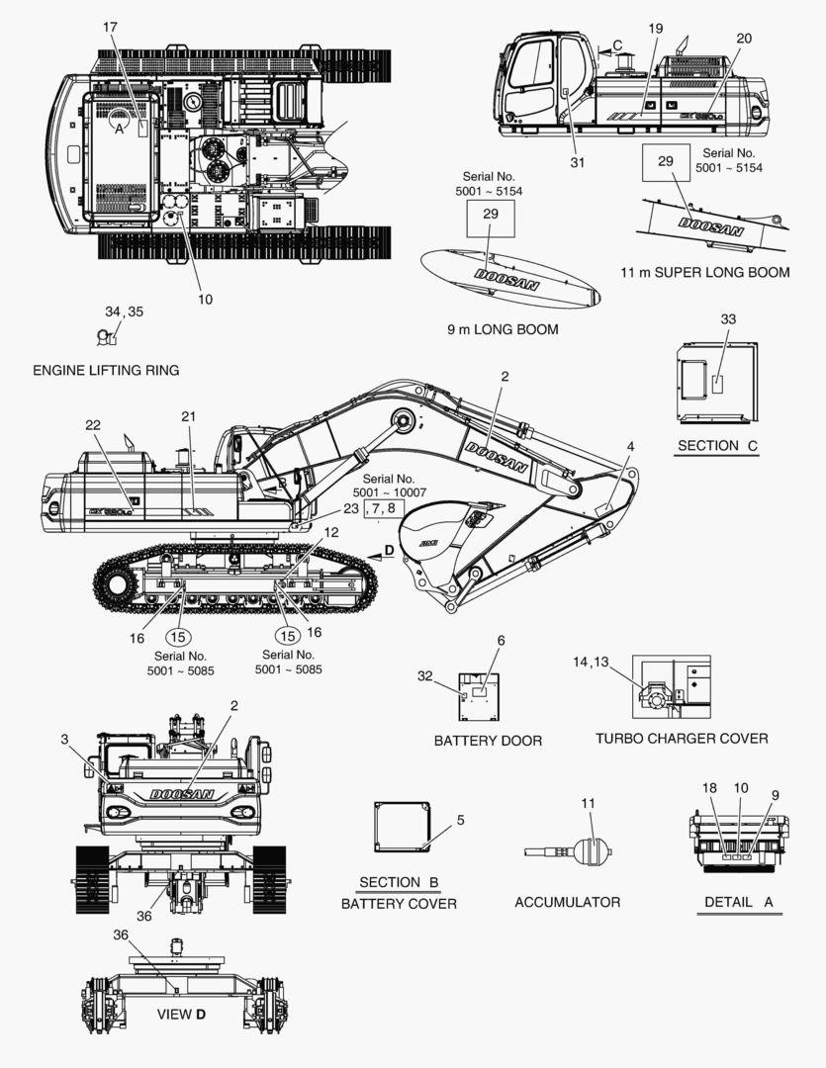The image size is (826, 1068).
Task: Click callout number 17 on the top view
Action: (x=110, y=28)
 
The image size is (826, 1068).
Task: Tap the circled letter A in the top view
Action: (x=119, y=128)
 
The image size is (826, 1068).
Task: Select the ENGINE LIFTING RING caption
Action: (x=106, y=371)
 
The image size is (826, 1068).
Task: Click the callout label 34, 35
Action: (x=124, y=311)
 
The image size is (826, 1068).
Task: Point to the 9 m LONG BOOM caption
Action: (x=503, y=329)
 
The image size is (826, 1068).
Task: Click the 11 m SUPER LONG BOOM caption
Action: (x=705, y=272)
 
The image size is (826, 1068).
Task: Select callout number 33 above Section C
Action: (x=728, y=319)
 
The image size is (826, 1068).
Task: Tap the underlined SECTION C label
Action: (x=717, y=446)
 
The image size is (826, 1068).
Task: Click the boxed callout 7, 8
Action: (x=385, y=509)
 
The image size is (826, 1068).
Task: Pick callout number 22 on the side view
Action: (x=93, y=425)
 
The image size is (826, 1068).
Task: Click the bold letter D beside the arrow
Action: (x=389, y=549)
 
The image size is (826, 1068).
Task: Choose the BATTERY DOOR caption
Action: (x=488, y=741)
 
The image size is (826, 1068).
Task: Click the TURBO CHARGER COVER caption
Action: (x=682, y=738)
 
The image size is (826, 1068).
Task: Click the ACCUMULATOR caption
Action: (x=567, y=902)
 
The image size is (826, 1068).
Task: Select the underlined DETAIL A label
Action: (x=738, y=902)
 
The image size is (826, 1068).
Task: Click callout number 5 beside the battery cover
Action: (x=460, y=820)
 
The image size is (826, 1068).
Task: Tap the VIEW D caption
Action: (x=182, y=1015)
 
